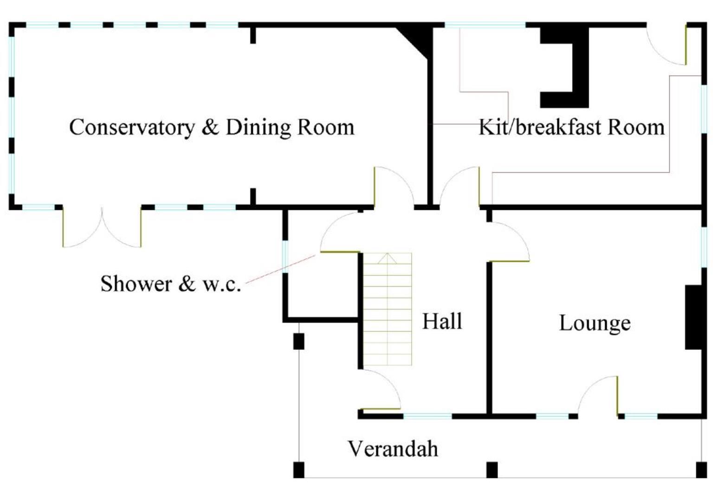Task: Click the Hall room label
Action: (x=442, y=321)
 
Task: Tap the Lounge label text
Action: (x=595, y=323)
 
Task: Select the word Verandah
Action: (x=393, y=449)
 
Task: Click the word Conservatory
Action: (x=131, y=127)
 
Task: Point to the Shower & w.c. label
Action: (x=170, y=283)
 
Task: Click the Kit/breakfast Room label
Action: (x=571, y=127)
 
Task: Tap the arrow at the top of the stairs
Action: (x=387, y=258)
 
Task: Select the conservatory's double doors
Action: (x=102, y=227)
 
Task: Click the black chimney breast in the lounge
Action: (x=693, y=317)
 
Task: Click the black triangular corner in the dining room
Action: (x=418, y=40)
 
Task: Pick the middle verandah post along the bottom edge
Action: (x=492, y=469)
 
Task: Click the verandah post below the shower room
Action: (x=298, y=341)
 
